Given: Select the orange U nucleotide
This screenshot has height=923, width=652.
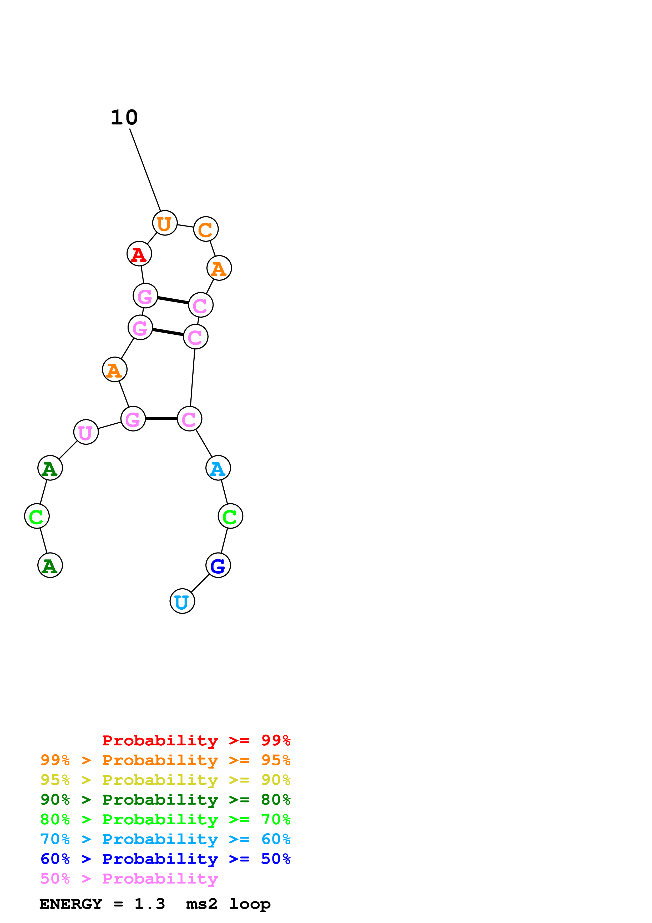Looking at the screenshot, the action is [x=165, y=223].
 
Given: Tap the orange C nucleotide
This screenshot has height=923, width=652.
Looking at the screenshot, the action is [x=206, y=229].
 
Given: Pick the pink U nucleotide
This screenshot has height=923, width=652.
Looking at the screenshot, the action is [x=86, y=432].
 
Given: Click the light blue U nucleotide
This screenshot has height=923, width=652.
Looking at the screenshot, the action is [x=182, y=601].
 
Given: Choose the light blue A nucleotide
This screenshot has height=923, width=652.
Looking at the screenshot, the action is [x=218, y=468].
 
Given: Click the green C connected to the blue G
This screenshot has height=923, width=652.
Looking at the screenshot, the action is [x=230, y=516].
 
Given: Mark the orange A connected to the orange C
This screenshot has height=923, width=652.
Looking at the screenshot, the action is [x=219, y=268].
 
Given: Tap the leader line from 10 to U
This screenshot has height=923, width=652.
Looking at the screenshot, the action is [x=145, y=170].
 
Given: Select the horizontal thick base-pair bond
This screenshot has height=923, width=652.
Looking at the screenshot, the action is [x=161, y=419].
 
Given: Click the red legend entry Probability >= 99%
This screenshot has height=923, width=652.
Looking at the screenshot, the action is [x=196, y=740].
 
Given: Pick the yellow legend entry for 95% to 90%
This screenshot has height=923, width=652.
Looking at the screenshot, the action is [x=165, y=780].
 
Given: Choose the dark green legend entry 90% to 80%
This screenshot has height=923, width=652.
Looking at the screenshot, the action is [x=165, y=800].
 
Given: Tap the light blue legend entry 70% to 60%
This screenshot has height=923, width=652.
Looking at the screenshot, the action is [x=165, y=839].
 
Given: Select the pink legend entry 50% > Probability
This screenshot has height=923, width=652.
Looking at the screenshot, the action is [x=129, y=878].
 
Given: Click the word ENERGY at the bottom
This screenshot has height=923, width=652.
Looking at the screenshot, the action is [x=71, y=904].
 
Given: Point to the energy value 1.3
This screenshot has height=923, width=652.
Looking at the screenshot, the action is [x=149, y=904].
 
